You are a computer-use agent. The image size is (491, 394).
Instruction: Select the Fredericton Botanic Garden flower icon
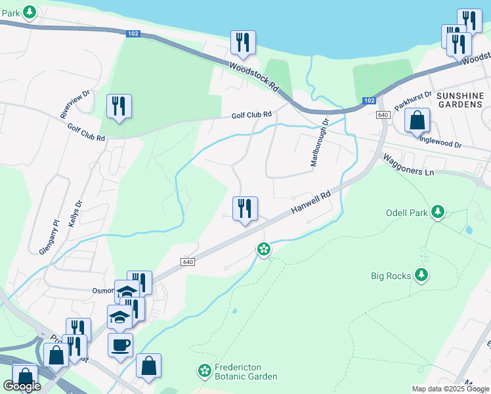point(204,372)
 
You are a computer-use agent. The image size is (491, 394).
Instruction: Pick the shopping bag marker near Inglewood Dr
point(417,120)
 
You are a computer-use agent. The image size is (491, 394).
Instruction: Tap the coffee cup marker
point(120,344)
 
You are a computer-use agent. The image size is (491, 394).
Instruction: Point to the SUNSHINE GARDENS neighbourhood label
point(459,100)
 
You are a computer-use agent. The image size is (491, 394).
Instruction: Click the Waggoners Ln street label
point(409,165)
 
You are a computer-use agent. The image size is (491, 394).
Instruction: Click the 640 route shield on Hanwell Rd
point(188,261)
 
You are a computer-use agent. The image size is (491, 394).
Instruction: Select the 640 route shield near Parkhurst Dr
point(383,115)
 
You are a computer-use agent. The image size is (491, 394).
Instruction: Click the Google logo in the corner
point(22,386)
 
